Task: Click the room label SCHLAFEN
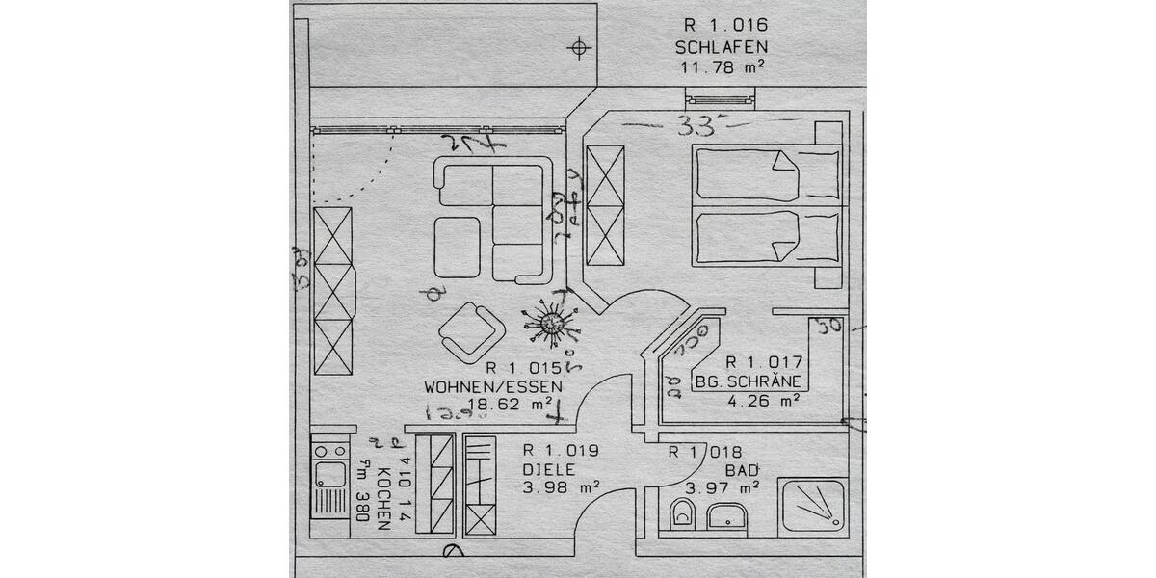tap(722, 46)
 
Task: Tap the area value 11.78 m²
tap(722, 66)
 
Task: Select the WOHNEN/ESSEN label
tap(493, 386)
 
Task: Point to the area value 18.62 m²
tap(510, 406)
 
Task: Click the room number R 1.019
tap(561, 450)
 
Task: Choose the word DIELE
tap(548, 469)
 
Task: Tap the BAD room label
tap(743, 469)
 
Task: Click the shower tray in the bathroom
tap(812, 506)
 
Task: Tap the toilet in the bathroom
tap(683, 514)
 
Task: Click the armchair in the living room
tap(471, 332)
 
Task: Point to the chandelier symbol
tap(552, 323)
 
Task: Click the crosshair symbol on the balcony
tap(578, 47)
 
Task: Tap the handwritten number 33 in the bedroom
tap(698, 124)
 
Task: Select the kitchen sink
tap(330, 473)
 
